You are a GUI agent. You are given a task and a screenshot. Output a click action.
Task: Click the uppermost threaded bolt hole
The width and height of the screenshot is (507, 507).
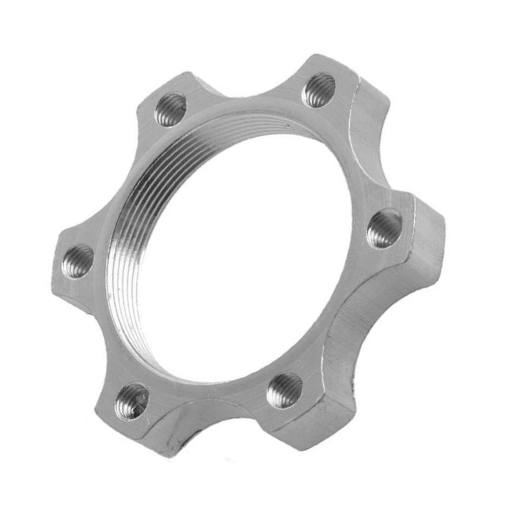click(x=319, y=90)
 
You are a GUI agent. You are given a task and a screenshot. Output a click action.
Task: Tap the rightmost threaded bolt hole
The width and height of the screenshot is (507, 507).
click(x=384, y=229)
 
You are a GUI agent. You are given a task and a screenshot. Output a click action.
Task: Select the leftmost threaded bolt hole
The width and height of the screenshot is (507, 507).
click(x=77, y=261)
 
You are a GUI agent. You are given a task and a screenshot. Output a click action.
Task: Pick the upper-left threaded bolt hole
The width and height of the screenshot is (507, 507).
click(x=170, y=109)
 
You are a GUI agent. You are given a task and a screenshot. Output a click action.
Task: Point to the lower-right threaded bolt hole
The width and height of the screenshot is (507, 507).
click(x=285, y=390)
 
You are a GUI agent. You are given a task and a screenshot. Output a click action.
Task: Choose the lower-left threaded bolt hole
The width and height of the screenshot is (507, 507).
click(x=132, y=401)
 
